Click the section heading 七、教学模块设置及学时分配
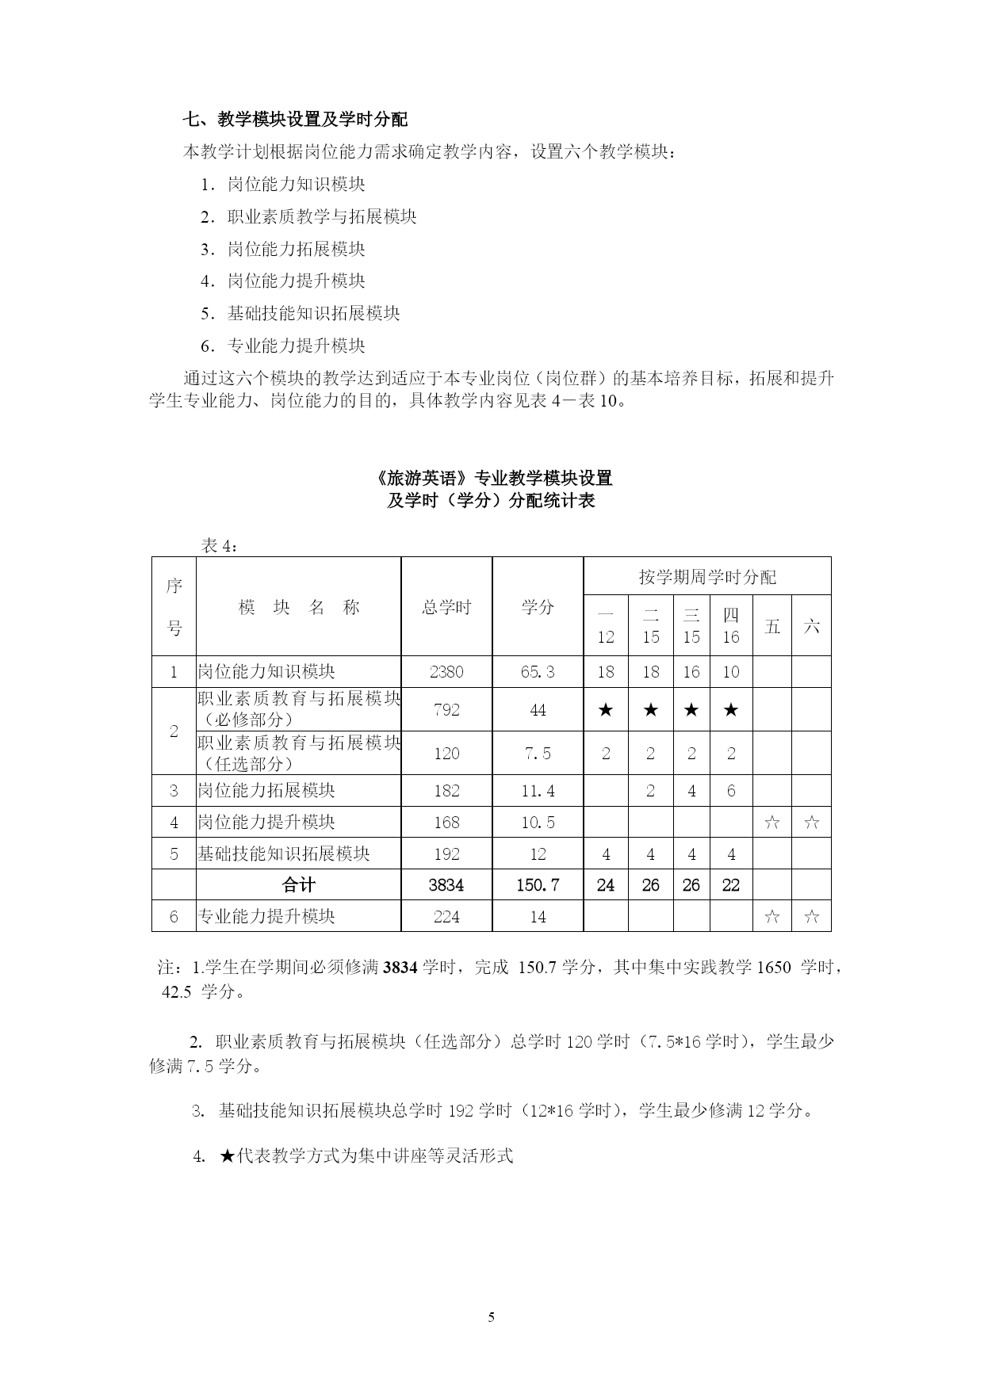[295, 120]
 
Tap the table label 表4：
[219, 545]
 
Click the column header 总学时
[446, 607]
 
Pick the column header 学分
[538, 607]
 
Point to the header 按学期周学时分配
[707, 577]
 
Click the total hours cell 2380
[446, 672]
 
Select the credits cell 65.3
[538, 672]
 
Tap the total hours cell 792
[446, 710]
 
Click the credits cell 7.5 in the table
[538, 753]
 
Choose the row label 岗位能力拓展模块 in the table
[266, 791]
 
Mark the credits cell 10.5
[538, 823]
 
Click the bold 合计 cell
[298, 885]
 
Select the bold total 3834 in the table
[446, 885]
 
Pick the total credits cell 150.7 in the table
[538, 885]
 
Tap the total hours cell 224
[446, 917]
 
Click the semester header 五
[772, 627]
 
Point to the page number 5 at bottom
[492, 1318]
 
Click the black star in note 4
[227, 1156]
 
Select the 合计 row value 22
[731, 885]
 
